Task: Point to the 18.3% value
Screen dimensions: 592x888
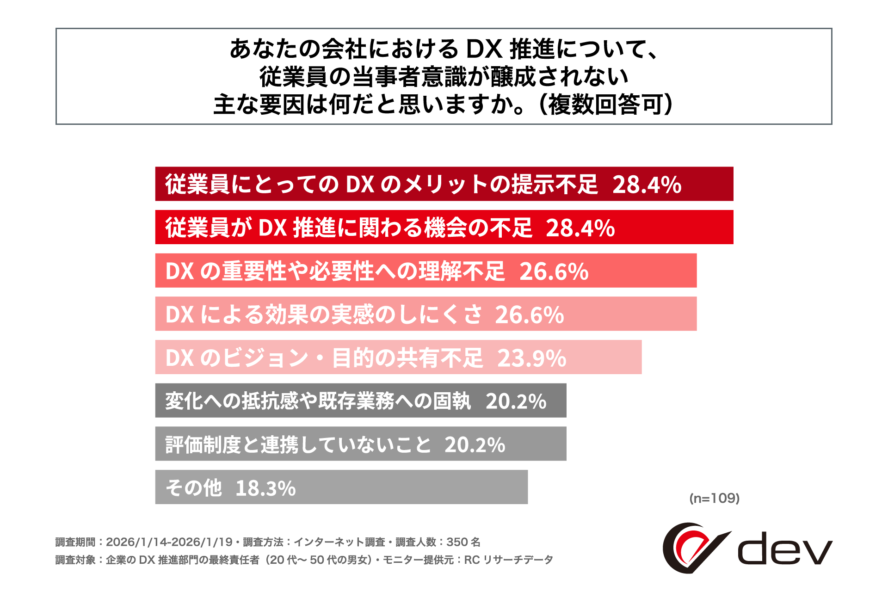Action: (265, 488)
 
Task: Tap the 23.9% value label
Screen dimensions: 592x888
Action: (532, 358)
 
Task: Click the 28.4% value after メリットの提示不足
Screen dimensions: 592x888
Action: (647, 185)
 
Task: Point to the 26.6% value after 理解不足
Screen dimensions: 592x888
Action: (554, 271)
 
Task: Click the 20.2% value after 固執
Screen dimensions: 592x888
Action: (516, 401)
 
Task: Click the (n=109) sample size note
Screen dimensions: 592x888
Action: (714, 498)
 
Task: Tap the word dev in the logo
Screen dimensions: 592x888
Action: (784, 549)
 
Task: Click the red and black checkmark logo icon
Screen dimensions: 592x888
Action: (694, 548)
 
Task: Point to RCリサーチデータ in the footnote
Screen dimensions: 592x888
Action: (508, 560)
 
